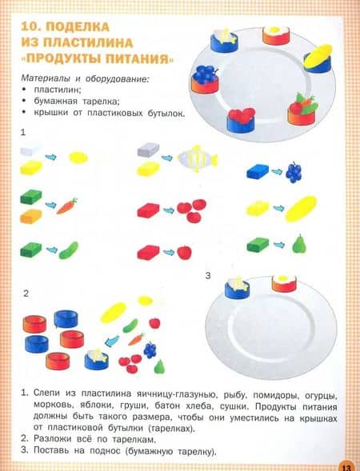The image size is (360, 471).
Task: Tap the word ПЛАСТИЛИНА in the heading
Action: click(88, 42)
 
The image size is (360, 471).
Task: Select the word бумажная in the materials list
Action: click(55, 102)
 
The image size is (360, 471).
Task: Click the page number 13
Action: click(346, 467)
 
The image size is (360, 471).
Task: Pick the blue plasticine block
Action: click(258, 171)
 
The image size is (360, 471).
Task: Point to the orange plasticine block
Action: click(31, 217)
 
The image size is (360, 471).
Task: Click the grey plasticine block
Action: click(148, 150)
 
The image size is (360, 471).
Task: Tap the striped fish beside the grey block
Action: click(198, 158)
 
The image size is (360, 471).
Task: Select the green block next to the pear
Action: click(258, 245)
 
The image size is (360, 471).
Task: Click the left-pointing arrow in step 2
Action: click(112, 341)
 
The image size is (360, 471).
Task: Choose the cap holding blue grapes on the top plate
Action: click(204, 79)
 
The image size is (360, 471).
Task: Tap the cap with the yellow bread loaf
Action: click(318, 58)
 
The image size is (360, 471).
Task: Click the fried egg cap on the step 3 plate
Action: click(284, 283)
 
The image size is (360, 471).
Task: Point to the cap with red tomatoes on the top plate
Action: click(241, 121)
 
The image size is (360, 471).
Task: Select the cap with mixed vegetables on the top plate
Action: click(302, 110)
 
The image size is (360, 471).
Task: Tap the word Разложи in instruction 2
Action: click(53, 439)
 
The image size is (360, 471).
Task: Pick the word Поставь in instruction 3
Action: click(53, 450)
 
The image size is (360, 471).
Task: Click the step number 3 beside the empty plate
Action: click(208, 276)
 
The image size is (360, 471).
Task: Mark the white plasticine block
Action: click(30, 150)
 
